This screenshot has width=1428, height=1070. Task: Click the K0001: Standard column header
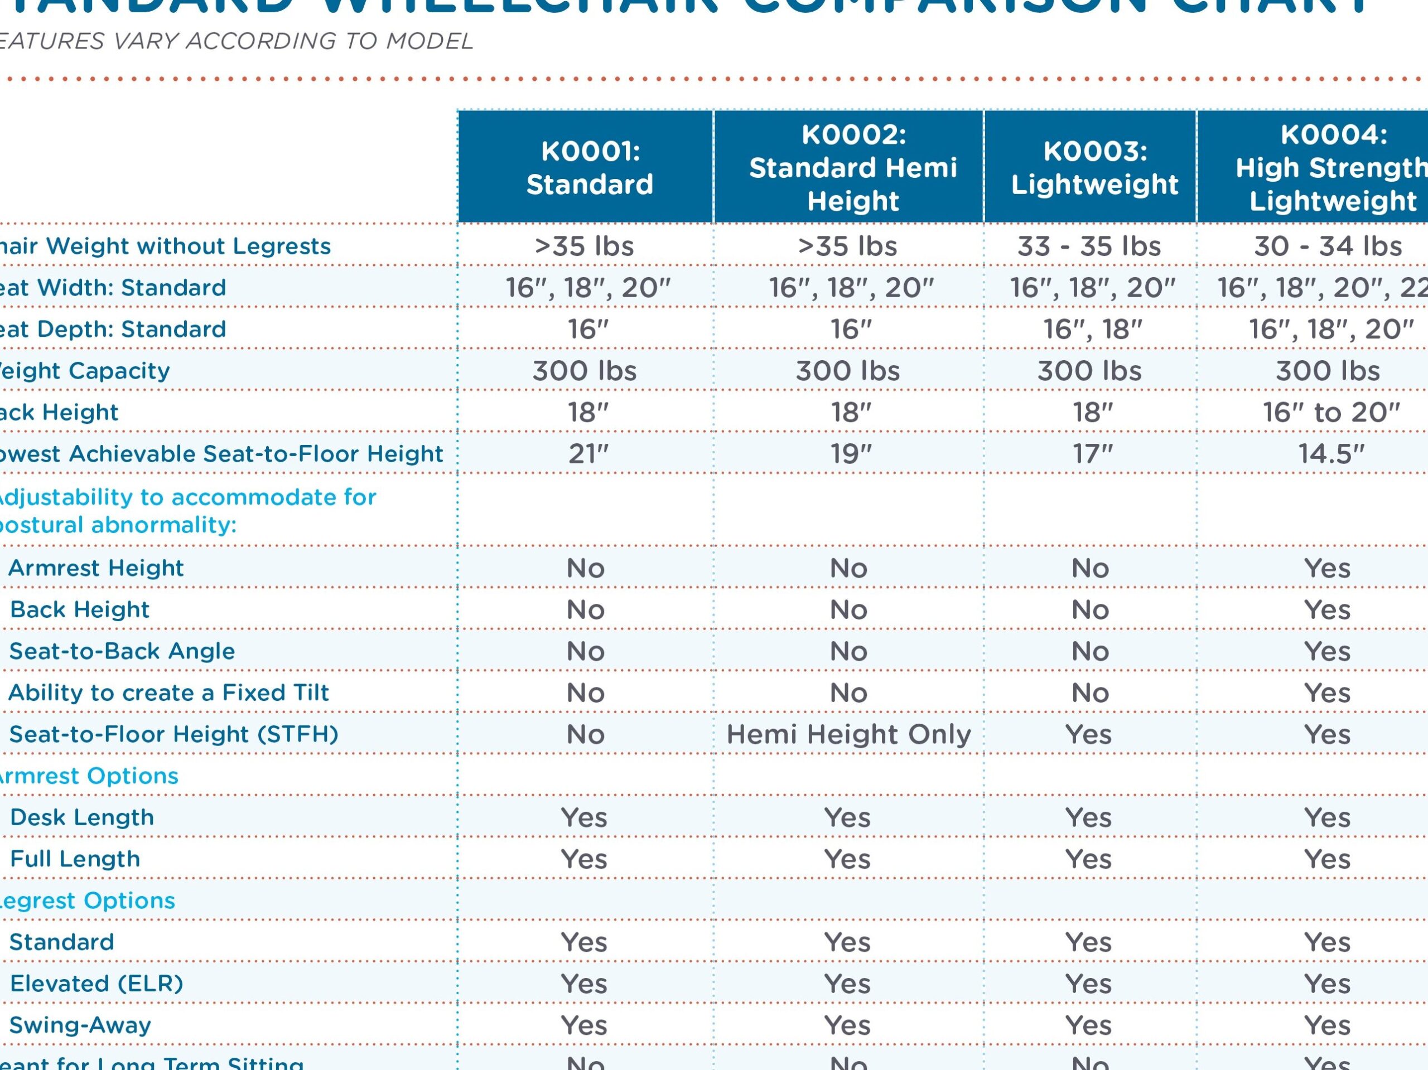pos(590,168)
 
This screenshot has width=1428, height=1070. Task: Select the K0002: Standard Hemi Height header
pos(853,168)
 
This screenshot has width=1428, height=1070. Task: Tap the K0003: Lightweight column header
pos(1094,168)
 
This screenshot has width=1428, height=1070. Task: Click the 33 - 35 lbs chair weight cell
pos(1089,246)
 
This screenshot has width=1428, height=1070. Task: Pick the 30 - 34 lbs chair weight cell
pos(1327,246)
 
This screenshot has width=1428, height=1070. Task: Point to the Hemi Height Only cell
pos(848,734)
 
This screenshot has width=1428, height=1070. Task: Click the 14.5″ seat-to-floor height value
pos(1331,454)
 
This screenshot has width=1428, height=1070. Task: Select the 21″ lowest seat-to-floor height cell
pos(588,454)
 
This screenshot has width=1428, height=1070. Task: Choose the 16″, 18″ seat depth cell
pos(1092,329)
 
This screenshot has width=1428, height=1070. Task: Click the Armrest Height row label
pos(95,568)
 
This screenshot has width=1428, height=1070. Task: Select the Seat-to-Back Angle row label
pos(122,651)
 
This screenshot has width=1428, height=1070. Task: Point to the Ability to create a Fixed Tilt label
pos(168,693)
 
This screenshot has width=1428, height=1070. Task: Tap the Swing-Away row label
pos(80,1025)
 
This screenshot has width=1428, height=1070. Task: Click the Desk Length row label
pos(82,817)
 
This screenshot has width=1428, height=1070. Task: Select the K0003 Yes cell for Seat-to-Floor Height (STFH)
pos(1088,734)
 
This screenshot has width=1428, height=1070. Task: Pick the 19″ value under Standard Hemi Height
pos(851,454)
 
